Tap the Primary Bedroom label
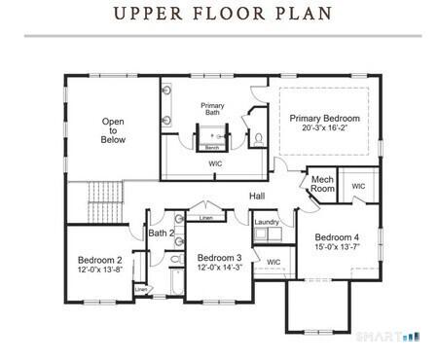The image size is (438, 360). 324,118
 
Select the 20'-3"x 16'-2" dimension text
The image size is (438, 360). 324,128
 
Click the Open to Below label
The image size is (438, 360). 113,130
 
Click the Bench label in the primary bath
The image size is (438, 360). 211,147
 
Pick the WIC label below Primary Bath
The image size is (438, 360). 216,163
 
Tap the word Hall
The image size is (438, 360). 257,197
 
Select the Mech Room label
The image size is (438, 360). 323,184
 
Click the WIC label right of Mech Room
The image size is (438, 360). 358,186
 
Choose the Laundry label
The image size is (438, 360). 267,223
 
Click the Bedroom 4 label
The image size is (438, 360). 337,237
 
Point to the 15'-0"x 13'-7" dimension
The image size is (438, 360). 337,248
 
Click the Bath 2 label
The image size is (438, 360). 162,234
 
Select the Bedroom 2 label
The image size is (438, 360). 99,260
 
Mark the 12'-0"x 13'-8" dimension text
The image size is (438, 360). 99,270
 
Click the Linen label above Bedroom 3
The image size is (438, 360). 205,218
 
